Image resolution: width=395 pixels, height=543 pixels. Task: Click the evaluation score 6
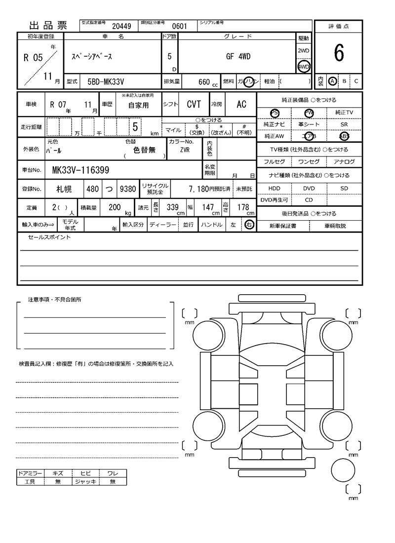click(338, 53)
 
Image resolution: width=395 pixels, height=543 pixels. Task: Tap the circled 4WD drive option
click(303, 67)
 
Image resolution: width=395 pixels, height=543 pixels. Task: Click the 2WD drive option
click(303, 51)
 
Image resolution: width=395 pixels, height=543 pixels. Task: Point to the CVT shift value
click(194, 104)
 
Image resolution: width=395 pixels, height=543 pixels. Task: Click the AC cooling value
click(241, 104)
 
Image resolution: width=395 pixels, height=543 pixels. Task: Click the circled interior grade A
click(333, 81)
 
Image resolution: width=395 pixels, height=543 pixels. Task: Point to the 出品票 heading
click(48, 26)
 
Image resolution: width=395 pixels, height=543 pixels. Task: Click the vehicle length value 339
click(172, 208)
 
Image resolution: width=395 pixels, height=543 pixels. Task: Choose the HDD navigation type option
click(274, 188)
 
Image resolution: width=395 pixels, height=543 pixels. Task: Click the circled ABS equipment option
click(344, 136)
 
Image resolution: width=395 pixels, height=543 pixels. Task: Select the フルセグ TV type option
click(274, 162)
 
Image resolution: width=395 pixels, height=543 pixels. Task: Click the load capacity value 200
click(115, 208)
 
